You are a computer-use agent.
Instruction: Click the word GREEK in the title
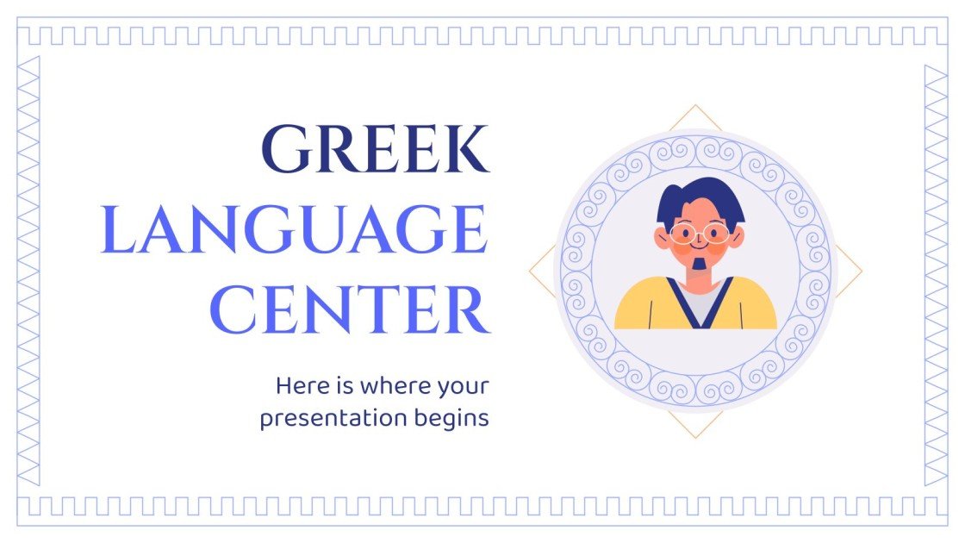pos(375,148)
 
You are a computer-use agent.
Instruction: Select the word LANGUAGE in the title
pos(294,230)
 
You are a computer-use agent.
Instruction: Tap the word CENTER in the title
pos(349,311)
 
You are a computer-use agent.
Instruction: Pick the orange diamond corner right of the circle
pos(861,272)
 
